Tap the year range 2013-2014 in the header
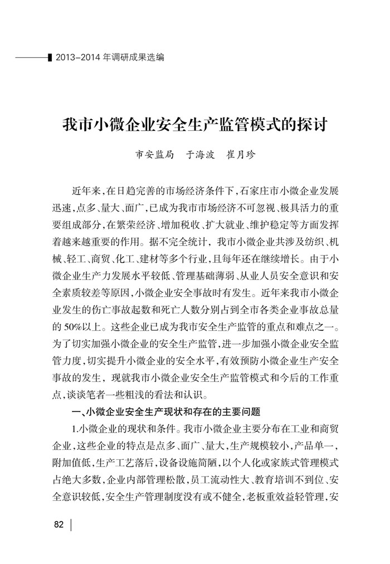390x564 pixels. pyautogui.click(x=78, y=57)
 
